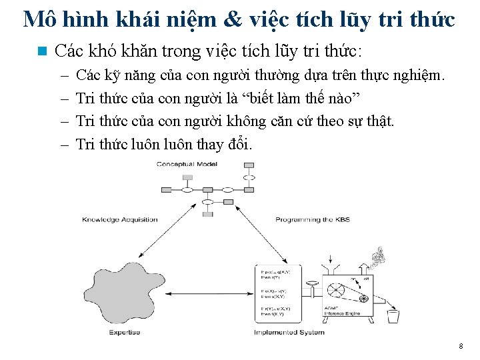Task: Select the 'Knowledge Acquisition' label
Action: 120,219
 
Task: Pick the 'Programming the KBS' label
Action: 312,219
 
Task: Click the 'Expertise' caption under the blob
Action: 125,332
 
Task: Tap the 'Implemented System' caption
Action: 289,332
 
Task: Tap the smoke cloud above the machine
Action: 379,256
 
